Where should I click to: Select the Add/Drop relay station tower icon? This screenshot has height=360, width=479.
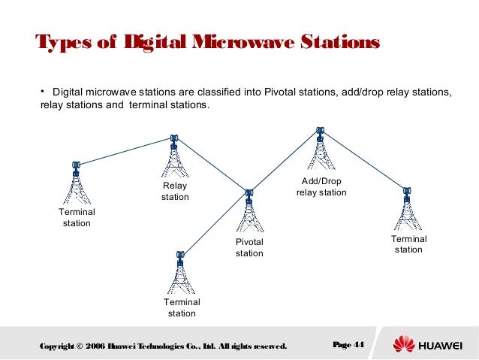[321, 150]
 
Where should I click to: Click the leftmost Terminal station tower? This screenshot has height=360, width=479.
[76, 184]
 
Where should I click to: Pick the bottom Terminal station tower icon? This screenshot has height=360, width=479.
[180, 274]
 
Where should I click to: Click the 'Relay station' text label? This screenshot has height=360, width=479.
[175, 192]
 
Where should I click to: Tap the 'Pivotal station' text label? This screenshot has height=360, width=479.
[250, 248]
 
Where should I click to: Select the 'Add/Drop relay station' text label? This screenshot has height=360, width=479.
[321, 187]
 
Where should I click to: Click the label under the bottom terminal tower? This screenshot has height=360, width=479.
[181, 308]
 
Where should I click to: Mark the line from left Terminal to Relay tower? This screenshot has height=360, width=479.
[125, 151]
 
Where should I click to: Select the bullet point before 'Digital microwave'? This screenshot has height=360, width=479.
[43, 92]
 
